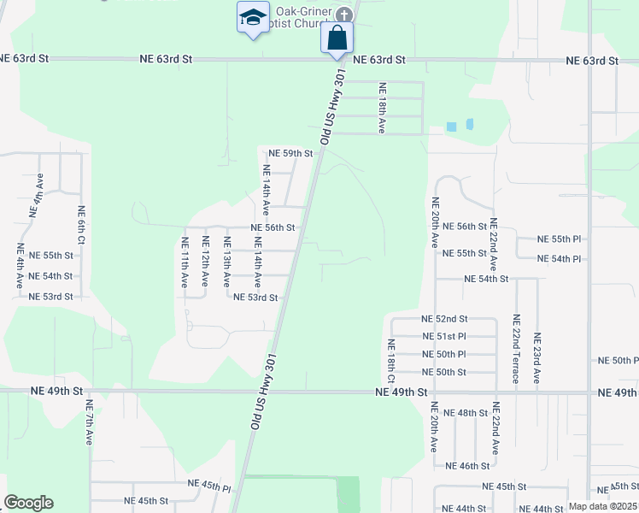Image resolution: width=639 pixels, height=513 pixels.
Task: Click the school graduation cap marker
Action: point(253,18)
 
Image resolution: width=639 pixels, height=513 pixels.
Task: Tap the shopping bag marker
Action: point(337,38)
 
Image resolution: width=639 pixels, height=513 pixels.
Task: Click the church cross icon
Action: point(343,15)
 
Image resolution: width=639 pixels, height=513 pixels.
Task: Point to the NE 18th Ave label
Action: point(383,107)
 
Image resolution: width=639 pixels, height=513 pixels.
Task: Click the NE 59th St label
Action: point(291,153)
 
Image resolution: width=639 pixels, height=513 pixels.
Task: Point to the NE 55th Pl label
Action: point(559,239)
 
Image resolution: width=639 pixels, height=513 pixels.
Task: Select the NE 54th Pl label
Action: point(559,259)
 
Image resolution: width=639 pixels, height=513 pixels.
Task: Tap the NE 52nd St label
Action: point(443,318)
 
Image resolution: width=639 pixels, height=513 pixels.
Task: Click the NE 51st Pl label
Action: point(443,336)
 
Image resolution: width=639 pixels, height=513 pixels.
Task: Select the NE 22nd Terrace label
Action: point(516,350)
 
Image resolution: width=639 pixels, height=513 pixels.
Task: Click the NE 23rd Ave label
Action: point(536,357)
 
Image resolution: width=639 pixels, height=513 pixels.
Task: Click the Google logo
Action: point(28,503)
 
